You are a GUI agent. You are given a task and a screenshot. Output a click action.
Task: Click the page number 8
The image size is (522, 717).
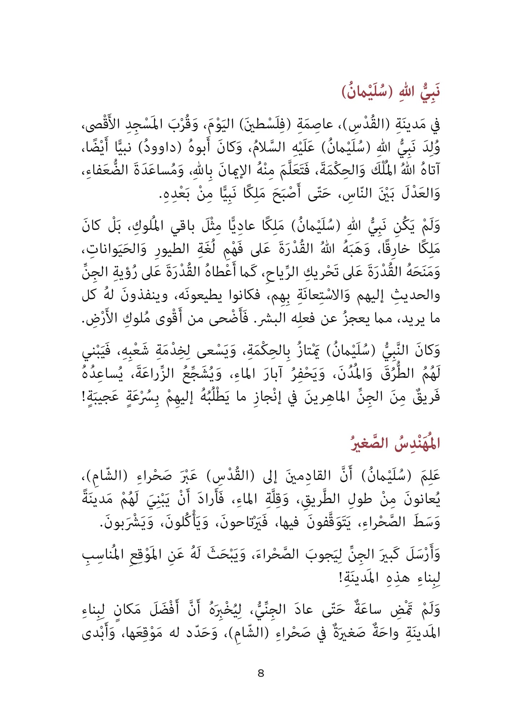point(261,673)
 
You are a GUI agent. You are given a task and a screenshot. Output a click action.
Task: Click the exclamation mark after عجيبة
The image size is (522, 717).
point(84,397)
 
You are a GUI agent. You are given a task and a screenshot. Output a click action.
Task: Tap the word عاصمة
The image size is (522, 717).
point(315,125)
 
